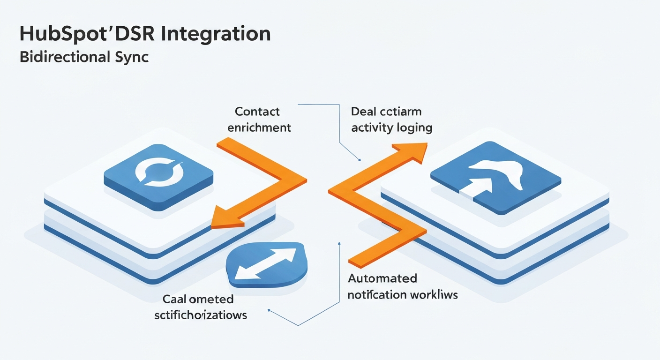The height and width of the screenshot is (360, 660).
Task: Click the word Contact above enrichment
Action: pos(257,112)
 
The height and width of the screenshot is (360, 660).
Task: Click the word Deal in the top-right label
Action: pos(364,112)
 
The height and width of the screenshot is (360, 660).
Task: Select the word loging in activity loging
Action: pos(413,127)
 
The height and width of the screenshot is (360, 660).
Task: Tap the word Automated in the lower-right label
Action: pos(382,278)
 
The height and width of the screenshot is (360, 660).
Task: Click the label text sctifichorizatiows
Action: pos(201,315)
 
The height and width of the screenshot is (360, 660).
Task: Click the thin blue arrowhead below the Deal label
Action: pos(358,159)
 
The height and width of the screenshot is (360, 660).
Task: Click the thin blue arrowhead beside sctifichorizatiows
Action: pos(269,309)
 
